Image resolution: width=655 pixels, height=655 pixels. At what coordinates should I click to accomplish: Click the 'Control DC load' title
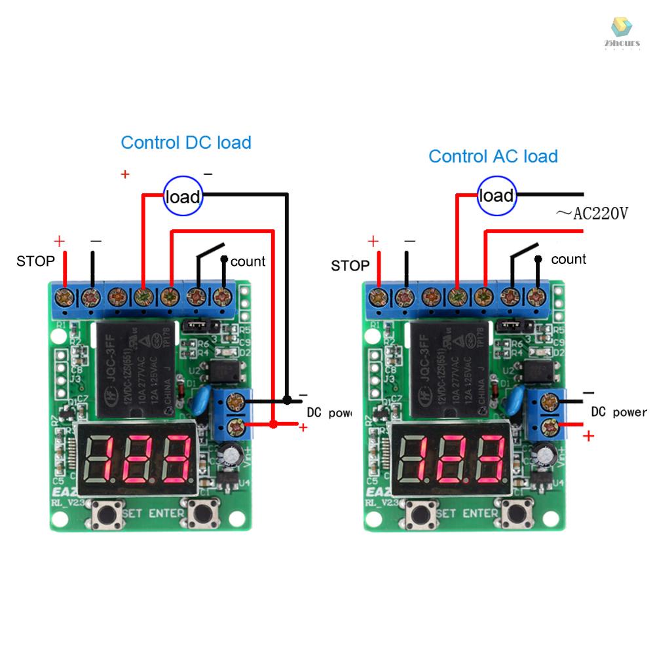click(186, 142)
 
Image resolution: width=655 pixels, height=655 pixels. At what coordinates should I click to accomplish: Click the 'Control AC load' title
click(493, 156)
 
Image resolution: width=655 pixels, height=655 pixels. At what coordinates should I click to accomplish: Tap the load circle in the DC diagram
click(183, 196)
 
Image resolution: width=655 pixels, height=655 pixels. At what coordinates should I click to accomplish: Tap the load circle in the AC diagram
click(496, 195)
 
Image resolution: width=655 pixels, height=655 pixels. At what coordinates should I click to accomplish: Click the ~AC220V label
click(591, 213)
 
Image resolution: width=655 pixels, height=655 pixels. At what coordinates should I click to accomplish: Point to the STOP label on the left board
click(35, 261)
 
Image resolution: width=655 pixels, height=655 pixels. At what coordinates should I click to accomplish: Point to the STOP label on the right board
click(350, 265)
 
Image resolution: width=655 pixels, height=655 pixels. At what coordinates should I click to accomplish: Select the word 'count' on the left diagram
click(248, 261)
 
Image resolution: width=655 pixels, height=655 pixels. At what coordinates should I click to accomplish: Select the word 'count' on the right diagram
click(569, 259)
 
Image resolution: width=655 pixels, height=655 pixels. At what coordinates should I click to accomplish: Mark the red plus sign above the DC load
click(124, 174)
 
